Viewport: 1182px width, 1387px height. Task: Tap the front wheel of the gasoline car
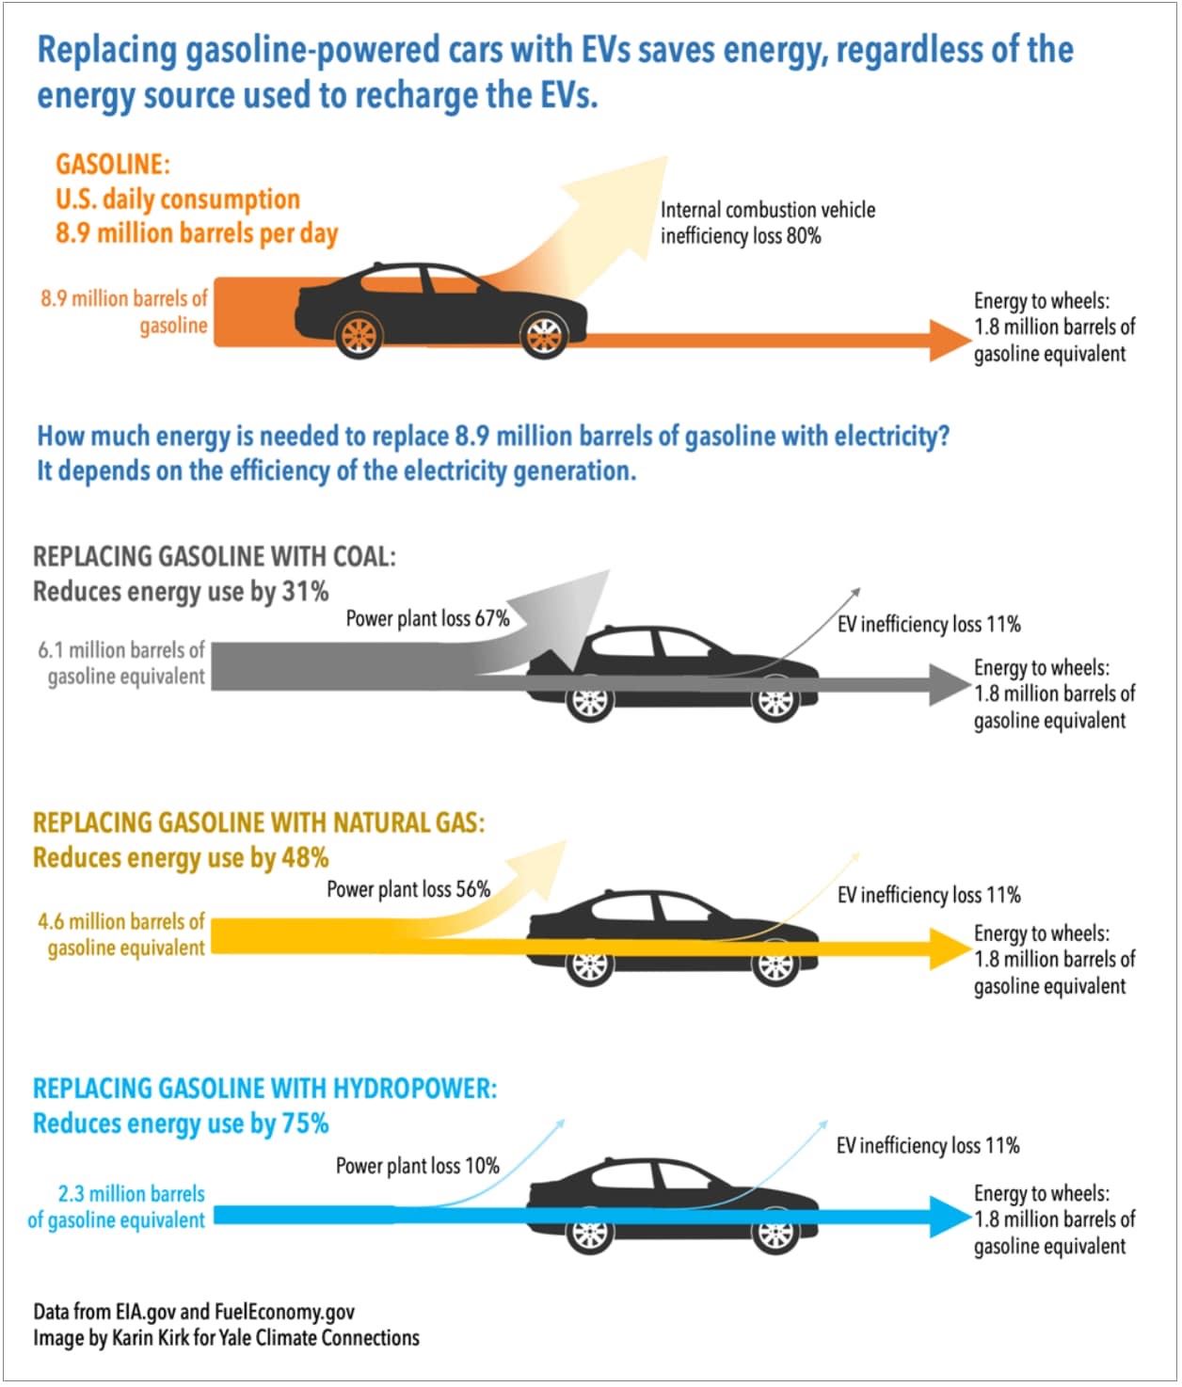tap(544, 335)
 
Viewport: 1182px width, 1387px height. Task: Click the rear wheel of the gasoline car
tap(359, 335)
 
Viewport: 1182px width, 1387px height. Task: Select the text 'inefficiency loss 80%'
tap(740, 236)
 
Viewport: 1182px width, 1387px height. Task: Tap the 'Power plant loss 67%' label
tap(427, 618)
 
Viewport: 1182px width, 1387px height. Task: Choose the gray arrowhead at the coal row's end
tap(949, 684)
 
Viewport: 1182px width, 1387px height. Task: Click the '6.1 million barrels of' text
tap(121, 650)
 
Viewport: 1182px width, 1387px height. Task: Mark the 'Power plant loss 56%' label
tap(408, 889)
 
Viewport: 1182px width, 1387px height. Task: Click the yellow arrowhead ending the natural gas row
tap(949, 949)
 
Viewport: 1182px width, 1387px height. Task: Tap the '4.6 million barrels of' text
tap(121, 921)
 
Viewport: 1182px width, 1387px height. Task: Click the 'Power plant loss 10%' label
tap(417, 1166)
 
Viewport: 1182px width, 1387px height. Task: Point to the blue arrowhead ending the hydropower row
tap(949, 1217)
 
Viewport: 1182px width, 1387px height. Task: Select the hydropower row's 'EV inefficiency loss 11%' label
tap(928, 1145)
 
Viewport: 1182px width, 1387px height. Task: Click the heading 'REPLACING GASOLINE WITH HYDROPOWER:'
tap(264, 1089)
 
